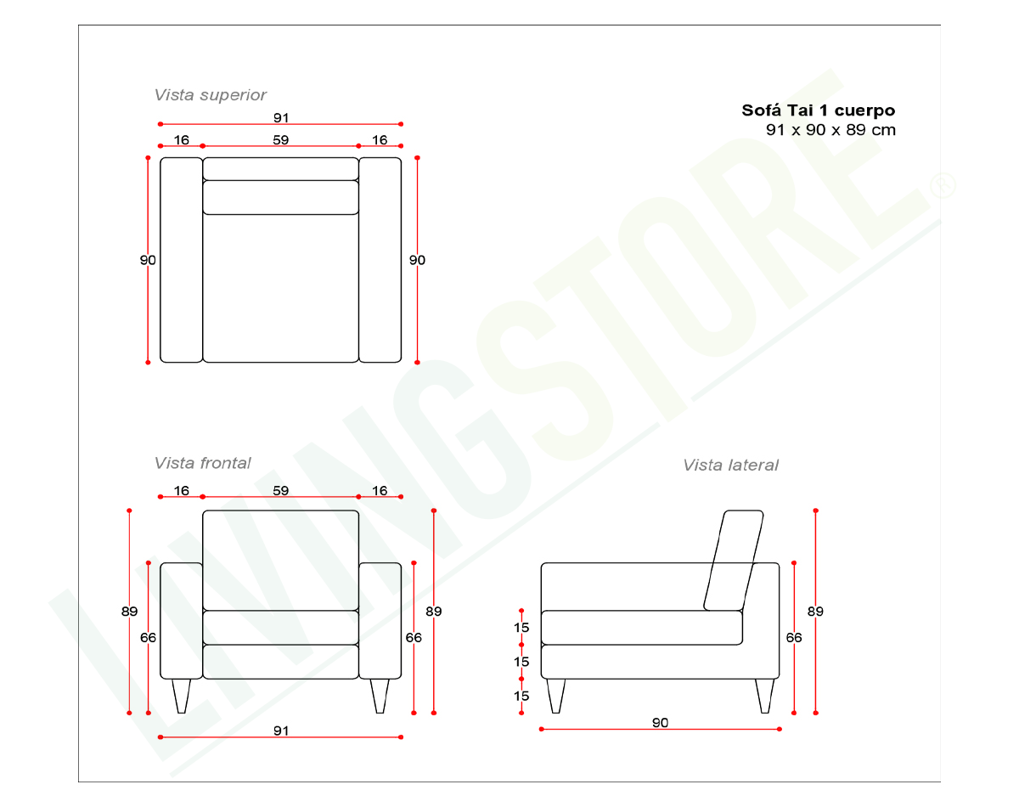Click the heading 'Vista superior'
tap(210, 95)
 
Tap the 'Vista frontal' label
tap(202, 463)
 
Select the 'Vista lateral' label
tap(730, 465)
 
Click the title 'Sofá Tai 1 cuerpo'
tap(818, 110)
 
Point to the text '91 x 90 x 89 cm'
tap(830, 130)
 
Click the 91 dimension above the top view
tap(281, 117)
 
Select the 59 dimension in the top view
tap(281, 140)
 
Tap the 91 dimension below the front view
tap(281, 731)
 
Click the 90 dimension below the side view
tap(660, 723)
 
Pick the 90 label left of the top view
tap(148, 261)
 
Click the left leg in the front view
tap(182, 695)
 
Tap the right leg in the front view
tap(380, 695)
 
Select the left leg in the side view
tap(556, 695)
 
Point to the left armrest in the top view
tap(181, 260)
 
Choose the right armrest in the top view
tap(380, 260)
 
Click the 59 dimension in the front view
tap(281, 490)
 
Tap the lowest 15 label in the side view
tap(521, 696)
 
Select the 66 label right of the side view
tap(794, 637)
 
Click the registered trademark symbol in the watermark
tap(942, 185)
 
